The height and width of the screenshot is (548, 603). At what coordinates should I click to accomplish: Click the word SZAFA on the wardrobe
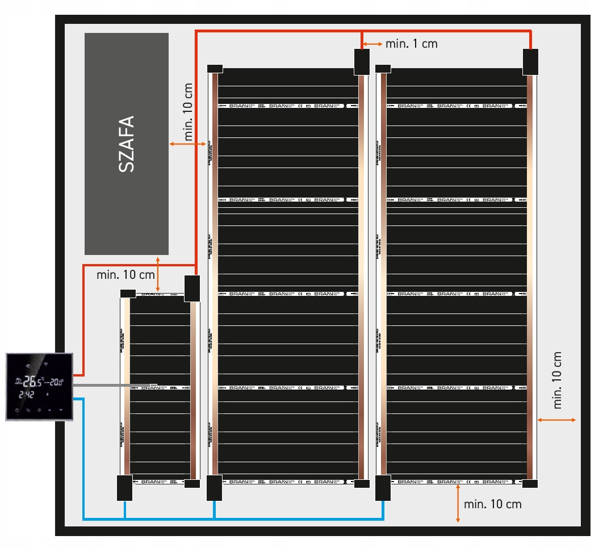tap(127, 144)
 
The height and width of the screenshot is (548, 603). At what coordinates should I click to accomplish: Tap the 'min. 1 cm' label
tap(412, 44)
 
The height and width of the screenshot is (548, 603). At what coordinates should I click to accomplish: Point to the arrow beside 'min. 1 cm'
tap(372, 44)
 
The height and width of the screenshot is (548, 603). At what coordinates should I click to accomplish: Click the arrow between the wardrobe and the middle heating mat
tap(187, 145)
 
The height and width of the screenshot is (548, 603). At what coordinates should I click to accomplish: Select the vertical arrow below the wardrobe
tap(158, 275)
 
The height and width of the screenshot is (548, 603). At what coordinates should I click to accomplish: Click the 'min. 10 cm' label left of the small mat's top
tap(125, 275)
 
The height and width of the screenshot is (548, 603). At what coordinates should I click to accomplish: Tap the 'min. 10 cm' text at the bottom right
tap(492, 504)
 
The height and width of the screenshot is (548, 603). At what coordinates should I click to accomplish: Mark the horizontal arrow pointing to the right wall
tap(557, 420)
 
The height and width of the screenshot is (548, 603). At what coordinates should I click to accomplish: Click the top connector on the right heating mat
tap(530, 62)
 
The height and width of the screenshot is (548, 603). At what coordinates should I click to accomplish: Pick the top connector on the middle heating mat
tap(362, 62)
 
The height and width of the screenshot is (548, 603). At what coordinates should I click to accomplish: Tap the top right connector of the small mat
tap(192, 288)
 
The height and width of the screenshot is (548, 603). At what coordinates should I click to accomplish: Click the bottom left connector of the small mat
tap(124, 488)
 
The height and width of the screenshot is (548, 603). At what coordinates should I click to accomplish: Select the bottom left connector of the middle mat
tap(214, 488)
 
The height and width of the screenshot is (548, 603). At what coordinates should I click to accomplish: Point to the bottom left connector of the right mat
tap(383, 488)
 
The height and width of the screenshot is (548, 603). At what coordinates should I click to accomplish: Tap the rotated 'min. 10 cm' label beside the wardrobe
tap(188, 112)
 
